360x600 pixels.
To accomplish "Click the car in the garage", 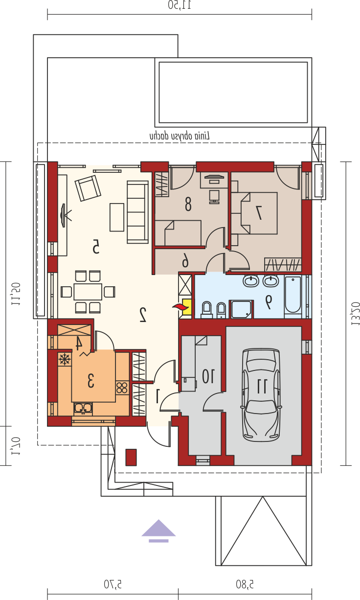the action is pos(262,395).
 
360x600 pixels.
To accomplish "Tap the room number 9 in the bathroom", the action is pos(268,302).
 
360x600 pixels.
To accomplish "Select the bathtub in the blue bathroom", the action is pos(293,297).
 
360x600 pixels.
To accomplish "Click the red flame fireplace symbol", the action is pos(177,307).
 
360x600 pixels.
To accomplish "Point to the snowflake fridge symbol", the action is pos(65,359).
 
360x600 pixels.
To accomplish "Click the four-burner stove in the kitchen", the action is pos(122,388).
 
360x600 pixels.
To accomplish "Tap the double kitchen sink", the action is pos(83,409).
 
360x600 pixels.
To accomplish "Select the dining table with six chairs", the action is pos(88,292).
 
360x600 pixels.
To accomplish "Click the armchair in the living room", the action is pos(88,188).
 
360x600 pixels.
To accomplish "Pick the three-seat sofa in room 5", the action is pos(137,212).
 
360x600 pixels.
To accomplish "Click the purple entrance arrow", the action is pos(158,531).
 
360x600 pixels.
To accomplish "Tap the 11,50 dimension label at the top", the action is pos(180,5).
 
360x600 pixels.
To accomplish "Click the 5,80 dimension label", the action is pos(245,584).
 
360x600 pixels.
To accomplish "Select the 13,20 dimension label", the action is pos(356,314).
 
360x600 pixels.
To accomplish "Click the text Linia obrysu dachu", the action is pos(180,136).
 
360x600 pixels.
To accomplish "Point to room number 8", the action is pos(188,204).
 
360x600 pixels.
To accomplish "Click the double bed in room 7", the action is pos(254,213).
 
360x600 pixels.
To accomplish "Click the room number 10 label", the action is pos(208,376).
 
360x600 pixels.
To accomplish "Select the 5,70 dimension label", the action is pos(112,584).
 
